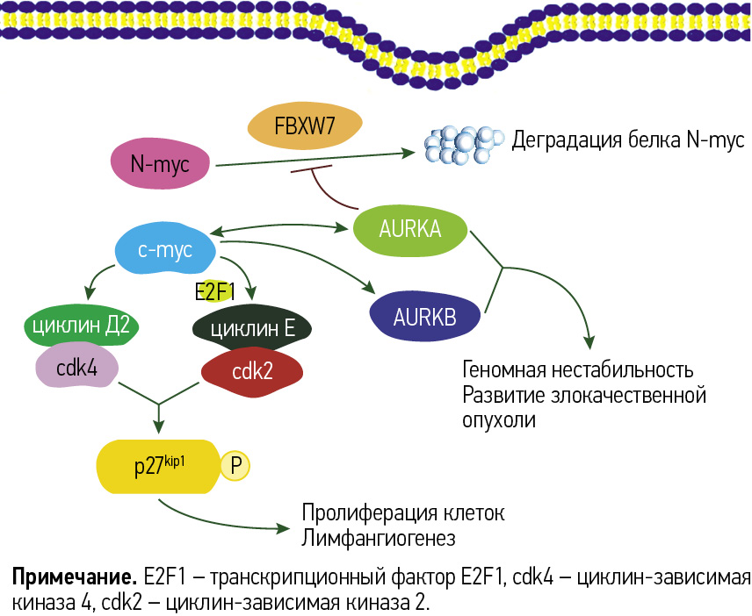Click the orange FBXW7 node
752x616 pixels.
[x=305, y=126]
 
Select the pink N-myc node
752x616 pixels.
[x=160, y=162]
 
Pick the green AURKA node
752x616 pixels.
[x=410, y=230]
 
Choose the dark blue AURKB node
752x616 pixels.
[x=425, y=316]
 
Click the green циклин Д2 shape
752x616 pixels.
[x=80, y=326]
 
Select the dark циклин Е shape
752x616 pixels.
[x=250, y=329]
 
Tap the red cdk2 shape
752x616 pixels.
[x=252, y=371]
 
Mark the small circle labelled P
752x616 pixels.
[x=235, y=466]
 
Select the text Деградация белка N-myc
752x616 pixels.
[x=627, y=140]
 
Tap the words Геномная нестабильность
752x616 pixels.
[x=578, y=369]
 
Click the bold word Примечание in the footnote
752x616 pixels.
[x=73, y=578]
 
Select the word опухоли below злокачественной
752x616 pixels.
[x=499, y=419]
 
